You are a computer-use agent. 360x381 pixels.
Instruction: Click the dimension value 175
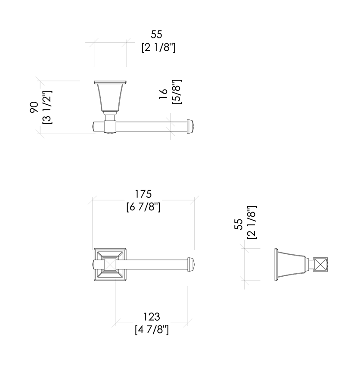[x=143, y=194]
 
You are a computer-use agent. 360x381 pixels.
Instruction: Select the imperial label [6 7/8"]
[x=143, y=207]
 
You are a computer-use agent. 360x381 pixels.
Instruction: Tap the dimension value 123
[x=152, y=317]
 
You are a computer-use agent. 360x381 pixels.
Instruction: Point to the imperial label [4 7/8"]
[x=152, y=330]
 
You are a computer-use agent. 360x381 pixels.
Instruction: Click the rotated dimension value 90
[x=34, y=107]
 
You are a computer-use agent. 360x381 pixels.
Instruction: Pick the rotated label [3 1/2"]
[x=47, y=107]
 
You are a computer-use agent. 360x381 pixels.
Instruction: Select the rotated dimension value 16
[x=163, y=94]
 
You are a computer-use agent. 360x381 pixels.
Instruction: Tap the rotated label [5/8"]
[x=177, y=92]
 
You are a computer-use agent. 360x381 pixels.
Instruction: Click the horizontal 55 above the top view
[x=156, y=34]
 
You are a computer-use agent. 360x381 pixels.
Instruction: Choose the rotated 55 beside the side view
[x=239, y=224]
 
